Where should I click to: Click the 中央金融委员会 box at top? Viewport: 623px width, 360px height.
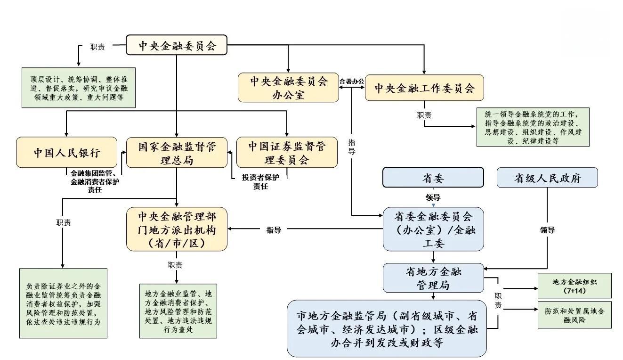[177, 46]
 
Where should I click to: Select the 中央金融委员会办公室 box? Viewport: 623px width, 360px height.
[288, 87]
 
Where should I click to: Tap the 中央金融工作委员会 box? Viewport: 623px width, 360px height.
[424, 88]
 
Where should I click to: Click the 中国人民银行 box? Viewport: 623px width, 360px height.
[66, 153]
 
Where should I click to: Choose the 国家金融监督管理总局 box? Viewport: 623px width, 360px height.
[177, 153]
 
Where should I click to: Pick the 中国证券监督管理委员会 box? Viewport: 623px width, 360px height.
[287, 153]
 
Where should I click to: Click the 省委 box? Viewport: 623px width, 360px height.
[433, 178]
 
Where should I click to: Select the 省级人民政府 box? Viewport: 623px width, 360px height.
[547, 178]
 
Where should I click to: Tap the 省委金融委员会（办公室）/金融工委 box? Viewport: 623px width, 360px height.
[433, 229]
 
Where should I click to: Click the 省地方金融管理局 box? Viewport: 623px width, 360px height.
[433, 278]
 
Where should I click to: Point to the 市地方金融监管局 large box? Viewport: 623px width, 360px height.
[387, 328]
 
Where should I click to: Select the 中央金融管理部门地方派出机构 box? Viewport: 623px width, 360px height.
[177, 229]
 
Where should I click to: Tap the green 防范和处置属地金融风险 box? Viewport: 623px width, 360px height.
[574, 315]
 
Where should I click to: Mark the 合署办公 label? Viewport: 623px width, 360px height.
[352, 81]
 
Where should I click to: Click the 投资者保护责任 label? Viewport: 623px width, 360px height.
[260, 181]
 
